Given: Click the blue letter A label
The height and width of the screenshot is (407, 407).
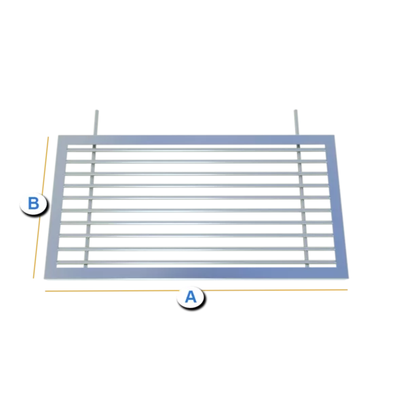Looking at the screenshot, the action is pos(191,297).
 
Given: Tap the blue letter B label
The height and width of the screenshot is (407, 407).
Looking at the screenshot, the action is pos(33,203).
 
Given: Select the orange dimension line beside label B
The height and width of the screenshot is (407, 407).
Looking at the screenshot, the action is pos(41,208).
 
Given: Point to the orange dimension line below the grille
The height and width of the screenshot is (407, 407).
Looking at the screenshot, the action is pos(196,290).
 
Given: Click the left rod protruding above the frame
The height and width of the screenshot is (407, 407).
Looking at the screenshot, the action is pos(96,123).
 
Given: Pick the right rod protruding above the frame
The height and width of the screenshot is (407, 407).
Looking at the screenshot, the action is pos(296,122).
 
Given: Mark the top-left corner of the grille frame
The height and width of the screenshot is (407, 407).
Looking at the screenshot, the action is pos(58,136).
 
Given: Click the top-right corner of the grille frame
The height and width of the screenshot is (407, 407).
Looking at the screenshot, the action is pos(334,135).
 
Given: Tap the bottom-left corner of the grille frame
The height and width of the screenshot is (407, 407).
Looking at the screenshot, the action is pos(44,279).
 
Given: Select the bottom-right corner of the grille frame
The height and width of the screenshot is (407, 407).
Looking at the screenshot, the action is pos(349,277).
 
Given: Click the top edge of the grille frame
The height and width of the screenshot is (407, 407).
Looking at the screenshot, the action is pos(196,140).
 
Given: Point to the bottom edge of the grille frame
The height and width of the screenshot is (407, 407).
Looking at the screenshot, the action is pos(196,273).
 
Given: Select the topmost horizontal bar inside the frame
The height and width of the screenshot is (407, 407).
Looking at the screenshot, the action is pos(196,149).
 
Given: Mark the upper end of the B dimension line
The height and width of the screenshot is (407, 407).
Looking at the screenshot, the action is pos(48,137).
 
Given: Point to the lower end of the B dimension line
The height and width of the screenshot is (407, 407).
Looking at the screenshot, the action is pos(33,278).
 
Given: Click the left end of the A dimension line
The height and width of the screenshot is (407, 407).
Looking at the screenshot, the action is pos(45,291).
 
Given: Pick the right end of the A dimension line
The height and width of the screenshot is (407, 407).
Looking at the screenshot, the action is pos(347,290).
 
